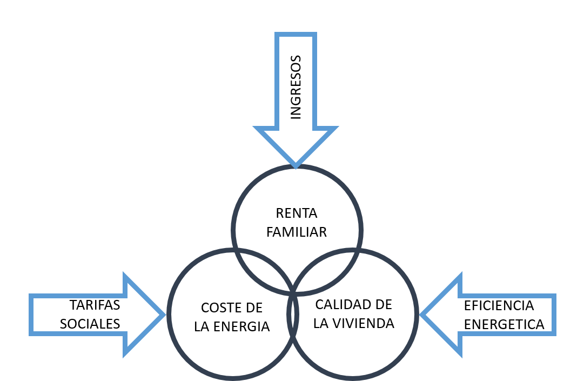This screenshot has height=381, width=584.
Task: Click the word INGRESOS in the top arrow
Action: pos(296,88)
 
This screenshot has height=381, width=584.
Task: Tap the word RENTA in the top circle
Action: pos(297,213)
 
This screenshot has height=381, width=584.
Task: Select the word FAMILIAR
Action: pos(297,232)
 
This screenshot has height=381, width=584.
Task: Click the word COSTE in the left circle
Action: pos(218,308)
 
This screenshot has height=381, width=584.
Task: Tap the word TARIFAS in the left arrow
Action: pos(95,305)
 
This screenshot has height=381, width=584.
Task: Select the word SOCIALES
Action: pos(90,324)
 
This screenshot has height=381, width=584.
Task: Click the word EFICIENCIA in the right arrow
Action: pos(499,306)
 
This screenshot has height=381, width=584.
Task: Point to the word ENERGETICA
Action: pos(504,325)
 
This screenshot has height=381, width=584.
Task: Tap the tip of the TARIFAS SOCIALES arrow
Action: pos(165,315)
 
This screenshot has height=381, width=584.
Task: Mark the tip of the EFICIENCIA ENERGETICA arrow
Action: pos(420,315)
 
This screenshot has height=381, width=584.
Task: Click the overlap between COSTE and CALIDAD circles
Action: pos(293,315)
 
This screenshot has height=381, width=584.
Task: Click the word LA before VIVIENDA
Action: pos(321,323)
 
